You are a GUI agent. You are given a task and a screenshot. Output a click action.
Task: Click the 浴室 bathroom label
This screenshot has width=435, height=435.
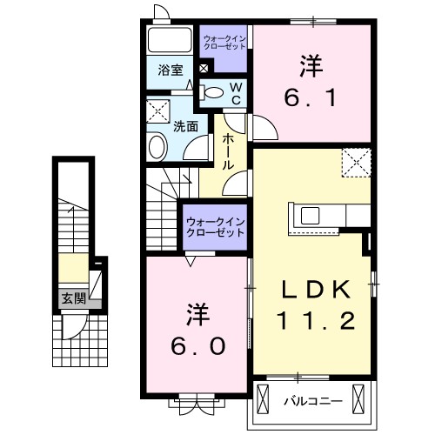(x=171, y=70)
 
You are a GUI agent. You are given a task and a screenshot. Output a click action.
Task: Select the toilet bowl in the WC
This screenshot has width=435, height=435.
(x=211, y=91)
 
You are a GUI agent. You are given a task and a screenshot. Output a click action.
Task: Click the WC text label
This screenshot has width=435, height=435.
(x=237, y=90)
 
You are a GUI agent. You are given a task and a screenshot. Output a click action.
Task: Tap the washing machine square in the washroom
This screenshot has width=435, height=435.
(x=159, y=112)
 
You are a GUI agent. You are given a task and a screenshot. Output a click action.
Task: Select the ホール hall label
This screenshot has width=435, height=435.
(x=228, y=151)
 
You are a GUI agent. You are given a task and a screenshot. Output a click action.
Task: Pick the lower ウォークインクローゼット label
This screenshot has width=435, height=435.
(x=215, y=228)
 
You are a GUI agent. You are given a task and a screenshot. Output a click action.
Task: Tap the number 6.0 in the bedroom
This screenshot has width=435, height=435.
(x=199, y=345)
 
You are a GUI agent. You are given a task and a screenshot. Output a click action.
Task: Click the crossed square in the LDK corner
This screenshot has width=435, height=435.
(x=355, y=162)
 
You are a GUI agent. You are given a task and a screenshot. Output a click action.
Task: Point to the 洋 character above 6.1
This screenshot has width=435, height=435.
(x=311, y=64)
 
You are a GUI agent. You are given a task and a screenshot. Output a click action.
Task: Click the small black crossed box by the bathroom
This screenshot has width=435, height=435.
(x=204, y=69)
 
